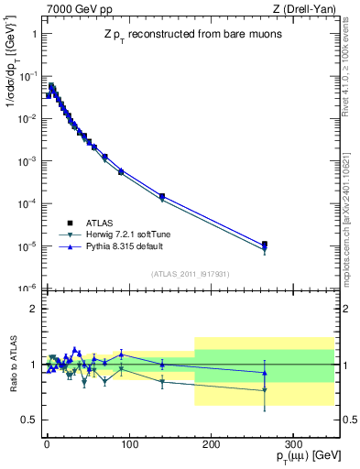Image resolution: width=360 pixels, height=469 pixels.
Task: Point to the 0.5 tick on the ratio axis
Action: click(27, 420)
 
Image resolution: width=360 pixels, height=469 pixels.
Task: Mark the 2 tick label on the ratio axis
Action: click(31, 309)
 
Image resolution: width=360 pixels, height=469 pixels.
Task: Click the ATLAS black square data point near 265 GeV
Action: click(265, 245)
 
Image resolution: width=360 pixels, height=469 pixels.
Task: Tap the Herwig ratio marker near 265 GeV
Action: click(265, 390)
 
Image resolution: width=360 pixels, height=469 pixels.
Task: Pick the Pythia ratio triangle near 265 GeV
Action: click(265, 372)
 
